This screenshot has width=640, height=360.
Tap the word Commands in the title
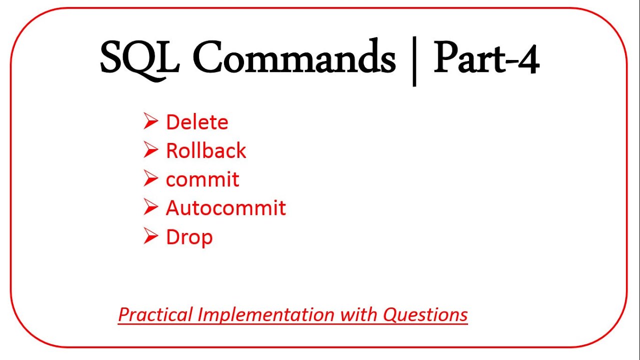coord(293,59)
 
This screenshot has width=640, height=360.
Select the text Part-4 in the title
coord(486,59)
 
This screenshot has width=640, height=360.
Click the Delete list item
coord(197,122)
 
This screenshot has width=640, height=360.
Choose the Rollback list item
coord(206,151)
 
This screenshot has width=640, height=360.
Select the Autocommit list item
coord(225,208)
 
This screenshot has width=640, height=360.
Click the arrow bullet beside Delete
coord(150,121)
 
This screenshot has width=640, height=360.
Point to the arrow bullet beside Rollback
coord(150,150)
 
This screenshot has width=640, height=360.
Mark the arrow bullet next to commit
coord(150,179)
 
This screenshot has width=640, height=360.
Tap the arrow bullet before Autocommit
coord(150,207)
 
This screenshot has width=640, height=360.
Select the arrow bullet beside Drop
coord(150,236)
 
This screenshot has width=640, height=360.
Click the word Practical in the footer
coord(155,314)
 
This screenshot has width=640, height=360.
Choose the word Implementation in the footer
coord(266,314)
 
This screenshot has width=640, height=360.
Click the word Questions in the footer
coord(425,314)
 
